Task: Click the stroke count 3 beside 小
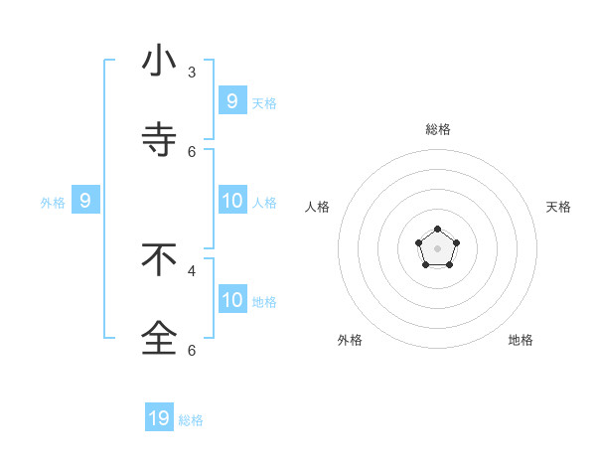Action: point(192,73)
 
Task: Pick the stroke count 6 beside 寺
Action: point(192,152)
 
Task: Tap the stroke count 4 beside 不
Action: point(192,270)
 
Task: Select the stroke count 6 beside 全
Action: point(192,350)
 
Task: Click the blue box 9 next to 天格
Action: point(231,100)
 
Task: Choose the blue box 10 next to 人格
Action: point(231,201)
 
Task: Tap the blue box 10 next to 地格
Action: point(231,300)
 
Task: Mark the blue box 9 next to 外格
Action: point(85,201)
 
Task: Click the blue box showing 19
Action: point(159,418)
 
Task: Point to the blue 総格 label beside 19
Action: point(191,420)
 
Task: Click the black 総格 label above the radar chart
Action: point(438,129)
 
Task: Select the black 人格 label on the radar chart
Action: point(318,207)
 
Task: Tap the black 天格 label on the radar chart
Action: point(558,207)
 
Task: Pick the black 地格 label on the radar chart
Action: point(521,340)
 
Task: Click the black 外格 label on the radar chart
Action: point(350,340)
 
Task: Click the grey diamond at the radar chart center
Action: point(437,248)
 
